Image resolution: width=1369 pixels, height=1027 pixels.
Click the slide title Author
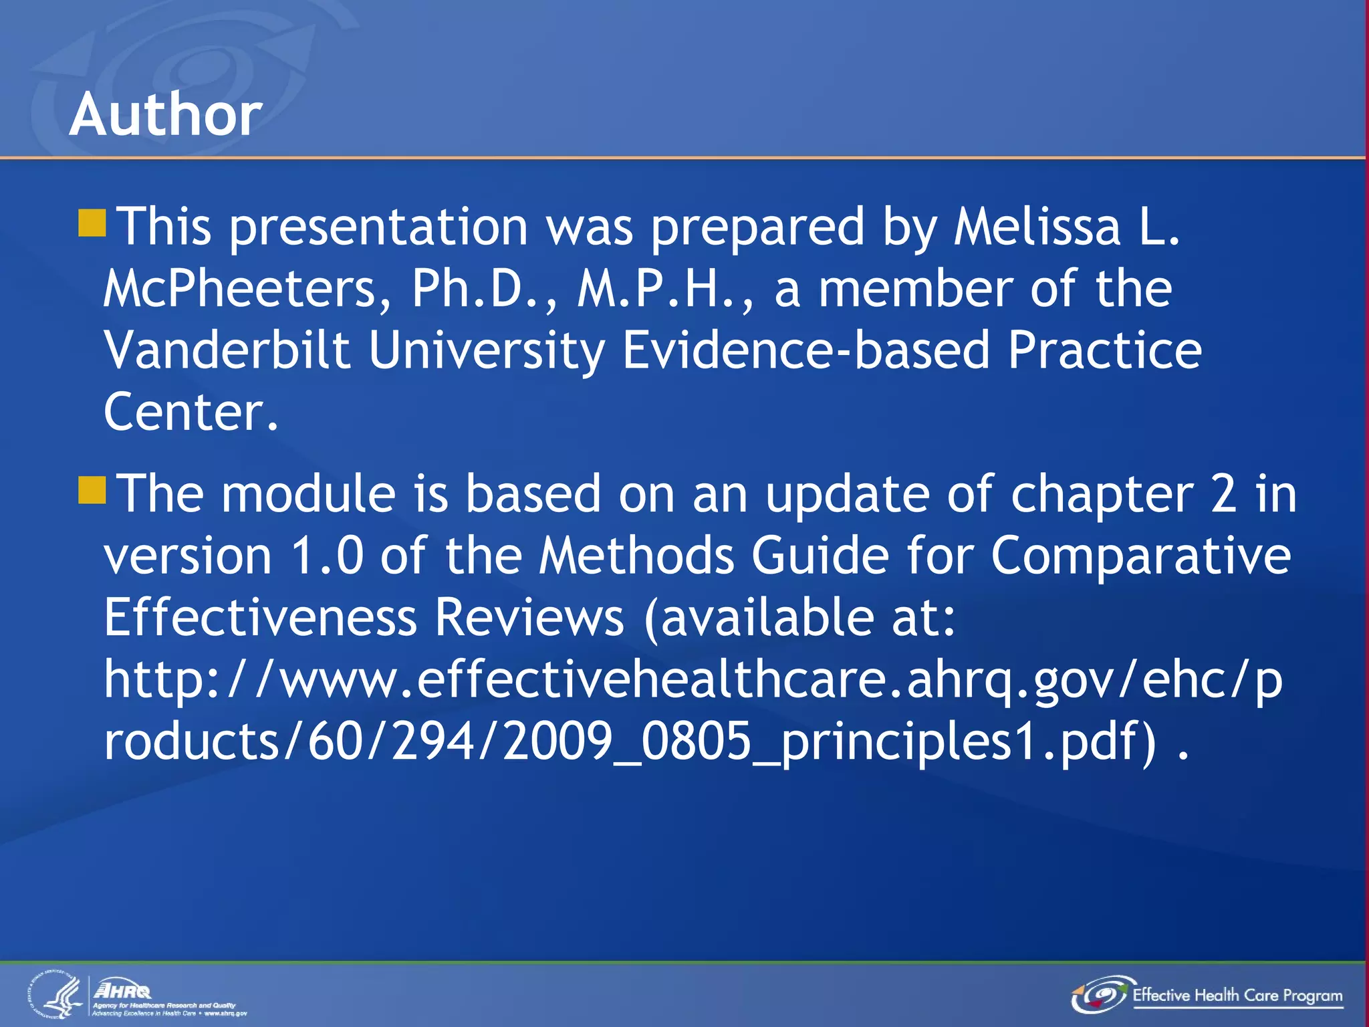coord(165,114)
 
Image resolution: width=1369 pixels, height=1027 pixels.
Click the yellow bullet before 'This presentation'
coord(92,223)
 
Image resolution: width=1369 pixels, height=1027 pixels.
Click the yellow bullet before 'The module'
coord(92,490)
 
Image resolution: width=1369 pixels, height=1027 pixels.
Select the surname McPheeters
coord(247,289)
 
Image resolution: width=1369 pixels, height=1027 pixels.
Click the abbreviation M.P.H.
coord(665,289)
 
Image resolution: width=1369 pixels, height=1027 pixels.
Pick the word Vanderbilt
coord(227,350)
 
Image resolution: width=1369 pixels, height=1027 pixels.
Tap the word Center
coord(191,412)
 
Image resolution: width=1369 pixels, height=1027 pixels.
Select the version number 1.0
coord(328,556)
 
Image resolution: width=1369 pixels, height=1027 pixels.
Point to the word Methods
coord(636,556)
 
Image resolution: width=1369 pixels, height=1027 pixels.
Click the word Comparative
coord(1140,556)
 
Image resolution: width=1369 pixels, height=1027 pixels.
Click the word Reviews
coord(529,617)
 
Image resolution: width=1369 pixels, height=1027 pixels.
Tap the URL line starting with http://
coord(693,679)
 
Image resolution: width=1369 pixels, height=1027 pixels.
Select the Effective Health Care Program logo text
coord(1237,995)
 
